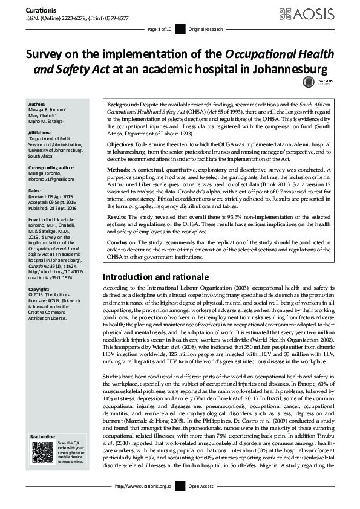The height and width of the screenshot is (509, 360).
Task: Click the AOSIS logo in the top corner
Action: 319,13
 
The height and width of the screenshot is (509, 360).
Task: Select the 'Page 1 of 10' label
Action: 159,29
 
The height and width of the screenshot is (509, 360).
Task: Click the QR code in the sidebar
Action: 42,453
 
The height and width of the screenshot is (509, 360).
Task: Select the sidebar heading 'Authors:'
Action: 37,104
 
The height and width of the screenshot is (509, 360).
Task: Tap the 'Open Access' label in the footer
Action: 201,486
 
